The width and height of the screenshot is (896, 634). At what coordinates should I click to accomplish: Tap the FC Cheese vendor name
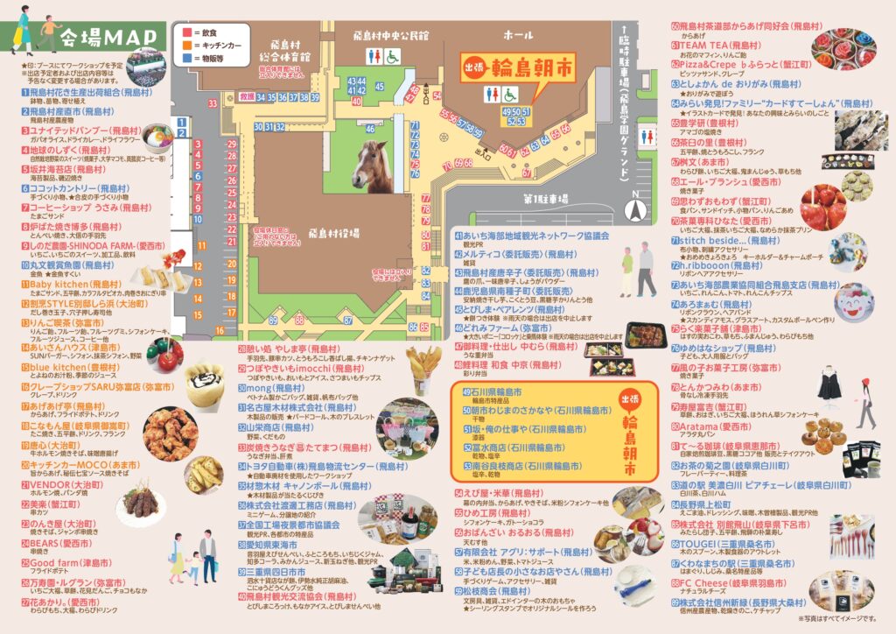pyautogui.click(x=711, y=581)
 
